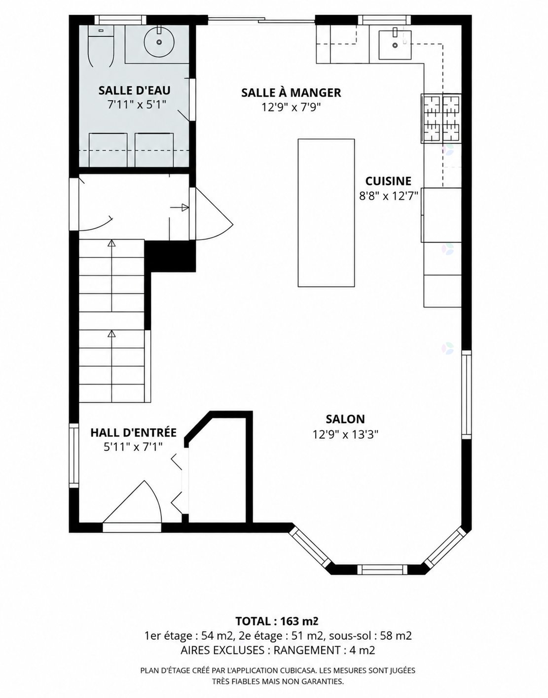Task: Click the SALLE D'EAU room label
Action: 134,90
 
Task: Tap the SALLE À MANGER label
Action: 291,93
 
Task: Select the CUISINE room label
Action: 388,181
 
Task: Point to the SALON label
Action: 345,419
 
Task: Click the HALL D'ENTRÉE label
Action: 133,432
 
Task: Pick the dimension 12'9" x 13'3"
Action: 345,435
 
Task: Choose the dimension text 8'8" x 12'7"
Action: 388,196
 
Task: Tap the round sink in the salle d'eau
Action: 159,41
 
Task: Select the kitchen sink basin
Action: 395,45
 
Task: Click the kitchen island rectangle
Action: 326,212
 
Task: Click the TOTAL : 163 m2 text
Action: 277,621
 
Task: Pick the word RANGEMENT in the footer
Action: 307,650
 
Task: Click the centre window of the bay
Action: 382,569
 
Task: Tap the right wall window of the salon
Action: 466,394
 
